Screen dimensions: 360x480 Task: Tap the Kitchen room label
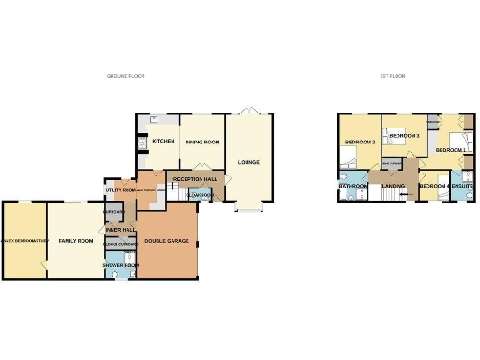pyautogui.click(x=163, y=142)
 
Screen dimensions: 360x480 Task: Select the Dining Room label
pyautogui.click(x=202, y=142)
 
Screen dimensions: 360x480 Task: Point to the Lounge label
pyautogui.click(x=248, y=162)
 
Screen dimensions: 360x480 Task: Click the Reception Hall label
pyautogui.click(x=195, y=178)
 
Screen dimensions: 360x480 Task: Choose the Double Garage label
pyautogui.click(x=166, y=241)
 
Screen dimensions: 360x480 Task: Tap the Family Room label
pyautogui.click(x=76, y=241)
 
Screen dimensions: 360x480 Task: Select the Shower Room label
pyautogui.click(x=120, y=266)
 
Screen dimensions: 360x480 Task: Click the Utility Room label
pyautogui.click(x=120, y=189)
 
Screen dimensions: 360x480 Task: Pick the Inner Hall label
pyautogui.click(x=120, y=229)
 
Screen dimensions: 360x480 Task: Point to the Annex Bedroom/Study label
pyautogui.click(x=23, y=241)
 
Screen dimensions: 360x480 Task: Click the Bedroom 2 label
pyautogui.click(x=360, y=142)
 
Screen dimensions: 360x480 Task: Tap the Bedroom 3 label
pyautogui.click(x=403, y=136)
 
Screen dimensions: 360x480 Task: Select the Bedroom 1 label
pyautogui.click(x=451, y=150)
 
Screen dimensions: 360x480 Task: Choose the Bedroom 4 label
pyautogui.click(x=432, y=186)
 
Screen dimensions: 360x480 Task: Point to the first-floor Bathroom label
pyautogui.click(x=352, y=186)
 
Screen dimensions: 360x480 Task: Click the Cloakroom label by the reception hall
pyautogui.click(x=201, y=195)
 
